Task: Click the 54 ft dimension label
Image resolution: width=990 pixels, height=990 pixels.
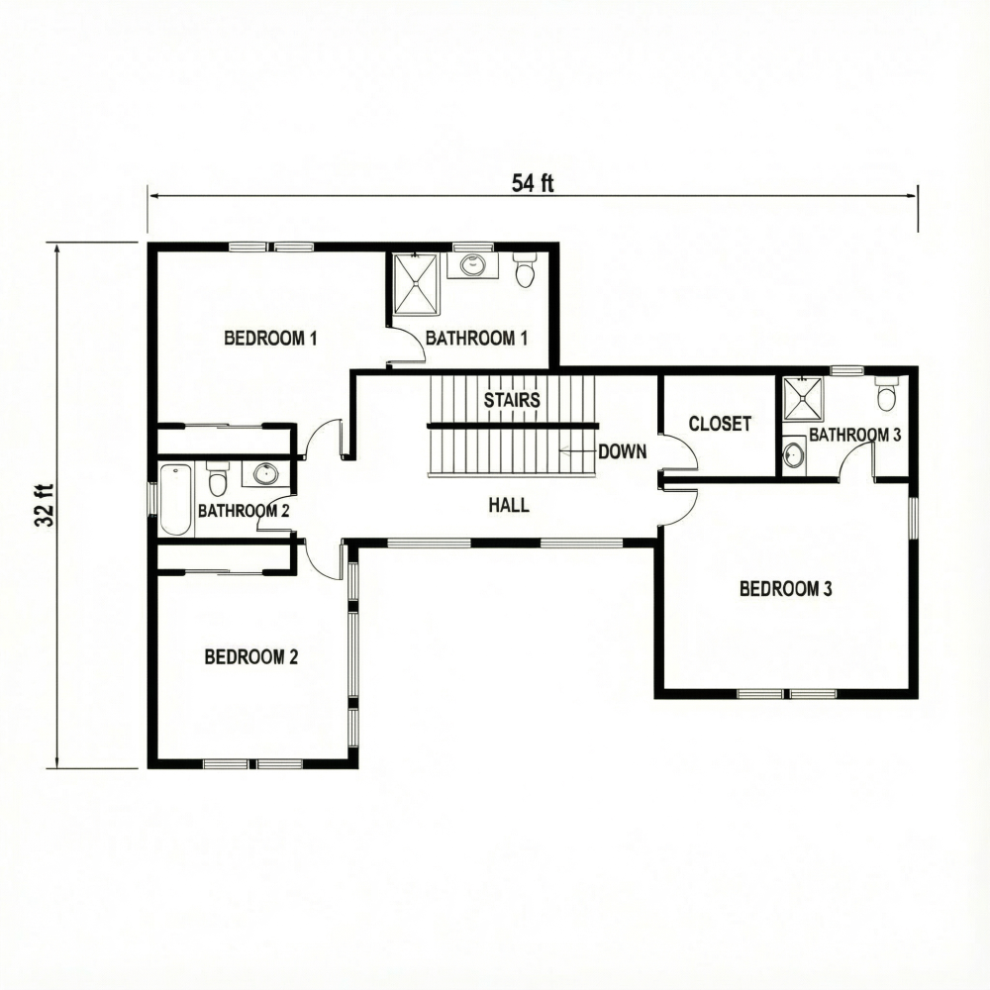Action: pyautogui.click(x=533, y=182)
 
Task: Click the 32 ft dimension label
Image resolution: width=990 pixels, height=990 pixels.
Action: pyautogui.click(x=44, y=505)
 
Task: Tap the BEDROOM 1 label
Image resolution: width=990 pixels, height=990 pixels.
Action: pyautogui.click(x=270, y=339)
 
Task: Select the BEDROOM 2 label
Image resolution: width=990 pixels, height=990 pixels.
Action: pyautogui.click(x=251, y=656)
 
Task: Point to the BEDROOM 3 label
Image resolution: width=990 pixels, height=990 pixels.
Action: pyautogui.click(x=786, y=589)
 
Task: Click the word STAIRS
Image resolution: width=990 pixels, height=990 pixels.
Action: pyautogui.click(x=512, y=400)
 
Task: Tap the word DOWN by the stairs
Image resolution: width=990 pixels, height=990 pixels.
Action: pyautogui.click(x=622, y=451)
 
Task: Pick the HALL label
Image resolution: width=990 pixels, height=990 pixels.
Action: pyautogui.click(x=509, y=505)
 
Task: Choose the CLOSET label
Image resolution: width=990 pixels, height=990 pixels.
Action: pyautogui.click(x=720, y=424)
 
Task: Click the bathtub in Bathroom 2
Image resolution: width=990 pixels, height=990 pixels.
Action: pyautogui.click(x=175, y=499)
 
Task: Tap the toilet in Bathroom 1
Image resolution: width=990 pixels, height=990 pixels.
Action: pyautogui.click(x=525, y=270)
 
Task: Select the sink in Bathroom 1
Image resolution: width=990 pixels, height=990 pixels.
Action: pyautogui.click(x=473, y=265)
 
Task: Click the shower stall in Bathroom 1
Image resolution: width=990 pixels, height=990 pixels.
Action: pyautogui.click(x=416, y=283)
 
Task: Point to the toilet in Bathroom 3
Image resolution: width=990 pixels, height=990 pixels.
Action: pyautogui.click(x=886, y=395)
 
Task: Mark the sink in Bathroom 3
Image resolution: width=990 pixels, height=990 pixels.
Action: pyautogui.click(x=793, y=455)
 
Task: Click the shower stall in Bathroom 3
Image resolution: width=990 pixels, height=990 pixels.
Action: pyautogui.click(x=803, y=400)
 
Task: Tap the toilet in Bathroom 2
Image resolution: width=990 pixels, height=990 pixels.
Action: pyautogui.click(x=219, y=480)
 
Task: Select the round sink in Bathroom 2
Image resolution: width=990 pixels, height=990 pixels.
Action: pyautogui.click(x=264, y=473)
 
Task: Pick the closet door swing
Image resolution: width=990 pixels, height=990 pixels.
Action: pyautogui.click(x=681, y=452)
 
